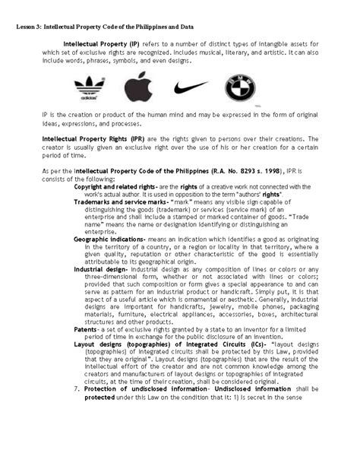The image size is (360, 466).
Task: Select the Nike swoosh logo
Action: pos(189,87)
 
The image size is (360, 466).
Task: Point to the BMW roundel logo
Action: pos(239,88)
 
